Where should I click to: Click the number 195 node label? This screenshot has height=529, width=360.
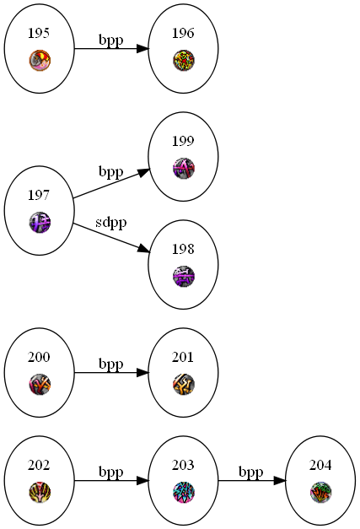[39, 33]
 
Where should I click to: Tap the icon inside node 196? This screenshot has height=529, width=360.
[183, 61]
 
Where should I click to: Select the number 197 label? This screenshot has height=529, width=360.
[39, 195]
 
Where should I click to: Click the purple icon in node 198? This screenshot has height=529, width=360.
[183, 276]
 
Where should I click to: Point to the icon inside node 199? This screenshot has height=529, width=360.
[183, 169]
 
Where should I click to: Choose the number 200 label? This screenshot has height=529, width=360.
[39, 357]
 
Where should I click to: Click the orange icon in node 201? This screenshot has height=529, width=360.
[183, 384]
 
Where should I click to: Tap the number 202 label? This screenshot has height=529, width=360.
[39, 465]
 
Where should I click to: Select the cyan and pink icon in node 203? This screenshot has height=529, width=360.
[183, 492]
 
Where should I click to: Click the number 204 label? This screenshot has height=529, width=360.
[320, 465]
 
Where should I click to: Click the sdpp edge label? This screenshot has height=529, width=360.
[111, 223]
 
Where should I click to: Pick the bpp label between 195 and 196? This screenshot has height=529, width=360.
[111, 40]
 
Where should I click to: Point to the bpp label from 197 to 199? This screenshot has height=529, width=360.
[111, 172]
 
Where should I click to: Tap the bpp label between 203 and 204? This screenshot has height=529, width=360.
[250, 472]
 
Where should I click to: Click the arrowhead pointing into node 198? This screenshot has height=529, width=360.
[143, 249]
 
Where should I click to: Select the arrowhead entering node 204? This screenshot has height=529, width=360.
[280, 481]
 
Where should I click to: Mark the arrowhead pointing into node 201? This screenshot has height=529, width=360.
[142, 373]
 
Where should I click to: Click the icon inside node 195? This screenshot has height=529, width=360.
[40, 61]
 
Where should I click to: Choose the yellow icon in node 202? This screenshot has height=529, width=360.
[40, 492]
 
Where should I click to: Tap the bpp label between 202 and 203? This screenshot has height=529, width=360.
[111, 472]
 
